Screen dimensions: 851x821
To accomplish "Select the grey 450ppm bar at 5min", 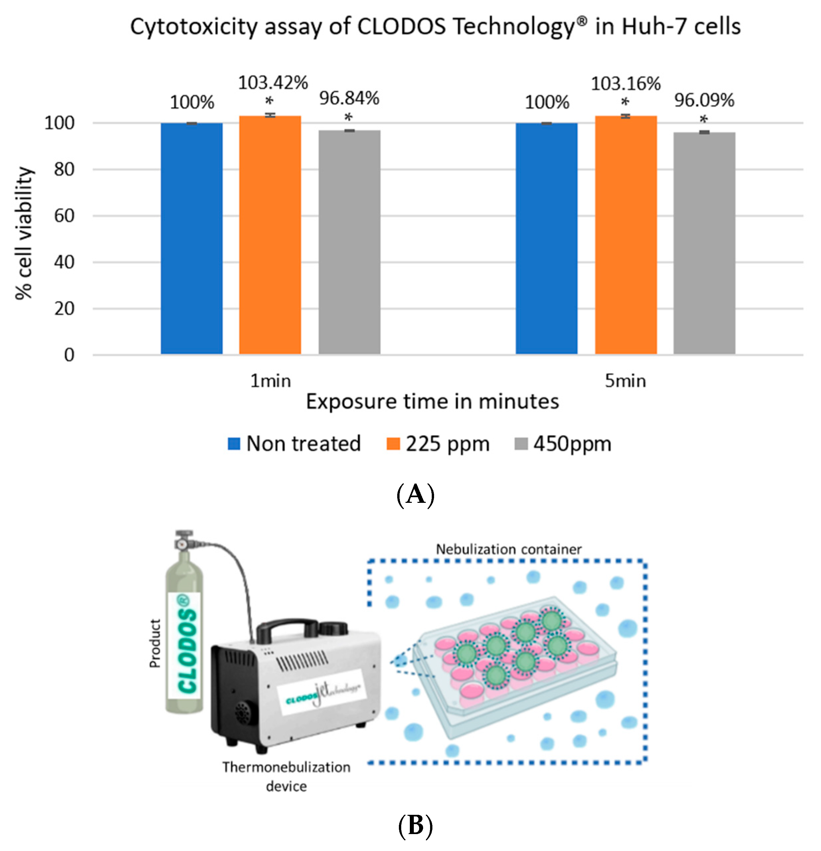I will point(704,243).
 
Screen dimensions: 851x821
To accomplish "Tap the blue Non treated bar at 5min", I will point(546,239).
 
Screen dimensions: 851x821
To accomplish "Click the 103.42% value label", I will point(273,83).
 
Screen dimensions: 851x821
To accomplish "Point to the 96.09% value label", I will point(704,100).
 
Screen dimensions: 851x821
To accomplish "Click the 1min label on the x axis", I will point(270,381).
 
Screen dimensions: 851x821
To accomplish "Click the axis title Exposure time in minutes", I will point(432,402).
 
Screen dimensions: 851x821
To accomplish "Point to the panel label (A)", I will point(415,494).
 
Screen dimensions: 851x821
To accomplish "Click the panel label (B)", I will point(415,825).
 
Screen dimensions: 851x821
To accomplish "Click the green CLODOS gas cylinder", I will point(185,643).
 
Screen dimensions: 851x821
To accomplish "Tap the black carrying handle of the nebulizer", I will point(286,630).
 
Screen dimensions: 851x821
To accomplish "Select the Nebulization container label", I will point(508,549).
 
